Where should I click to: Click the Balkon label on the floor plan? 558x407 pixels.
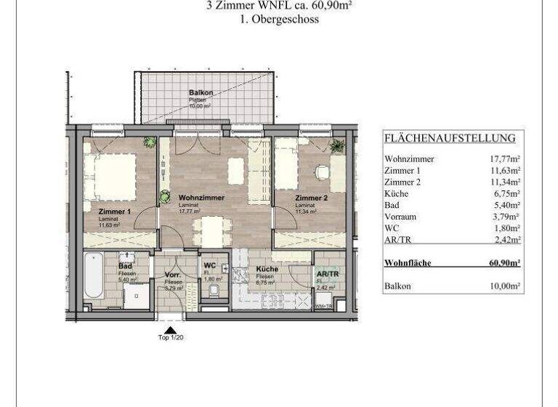(201, 93)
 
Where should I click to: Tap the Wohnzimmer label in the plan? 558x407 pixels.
(201, 198)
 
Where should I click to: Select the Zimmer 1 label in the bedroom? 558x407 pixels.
(115, 212)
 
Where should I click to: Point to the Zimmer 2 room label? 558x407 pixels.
(311, 198)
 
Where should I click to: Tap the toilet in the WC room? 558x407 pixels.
(212, 290)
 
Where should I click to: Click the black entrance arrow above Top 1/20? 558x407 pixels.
(171, 329)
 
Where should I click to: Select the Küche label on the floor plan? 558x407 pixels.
(267, 269)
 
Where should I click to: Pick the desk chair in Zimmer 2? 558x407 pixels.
(320, 173)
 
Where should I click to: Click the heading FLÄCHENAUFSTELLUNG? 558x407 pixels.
(450, 138)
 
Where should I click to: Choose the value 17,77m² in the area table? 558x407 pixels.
(504, 158)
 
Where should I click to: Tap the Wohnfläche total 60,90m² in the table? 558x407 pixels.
(504, 262)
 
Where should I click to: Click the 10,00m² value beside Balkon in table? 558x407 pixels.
(504, 287)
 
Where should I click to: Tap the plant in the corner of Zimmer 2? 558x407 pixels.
(337, 145)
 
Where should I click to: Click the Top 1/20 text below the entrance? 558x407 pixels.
(171, 338)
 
